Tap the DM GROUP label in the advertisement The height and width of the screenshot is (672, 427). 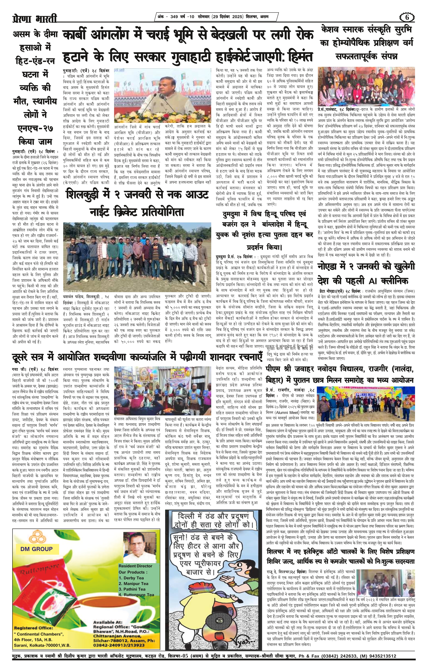[x=36, y=549]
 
